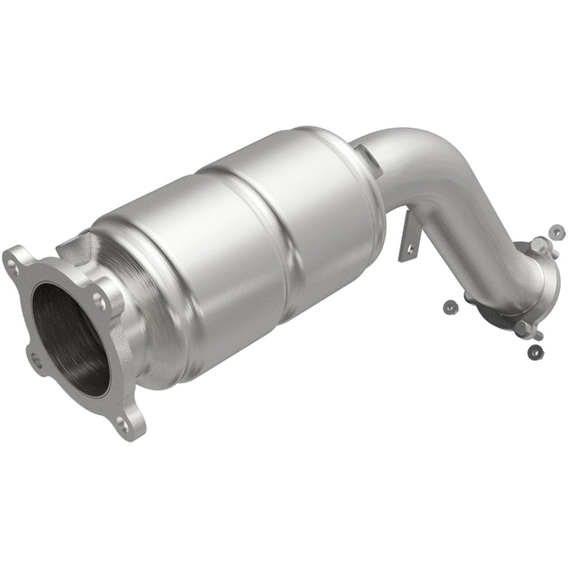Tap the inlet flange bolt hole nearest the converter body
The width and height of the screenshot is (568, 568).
[98, 300]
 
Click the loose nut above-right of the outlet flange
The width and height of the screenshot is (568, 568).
[557, 232]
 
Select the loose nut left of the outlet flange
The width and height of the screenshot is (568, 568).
[449, 305]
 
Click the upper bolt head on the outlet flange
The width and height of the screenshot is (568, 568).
[539, 245]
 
